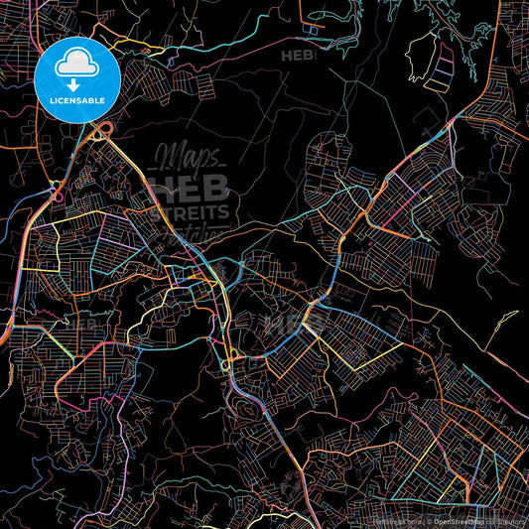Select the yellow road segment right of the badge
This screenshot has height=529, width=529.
[x=149, y=44]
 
